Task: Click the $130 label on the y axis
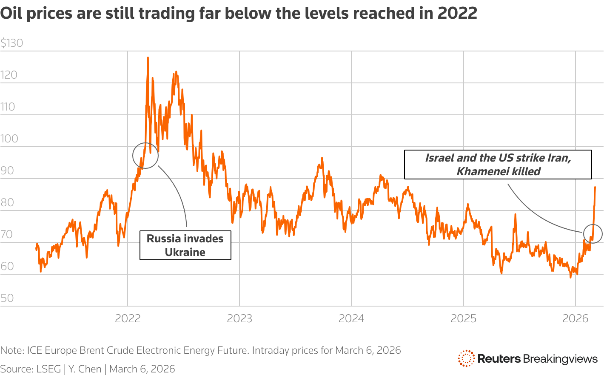[12, 43]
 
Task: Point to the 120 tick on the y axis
[9, 75]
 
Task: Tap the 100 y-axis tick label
[9, 139]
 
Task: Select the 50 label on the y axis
[7, 298]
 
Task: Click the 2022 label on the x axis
[128, 318]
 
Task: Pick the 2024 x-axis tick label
[351, 318]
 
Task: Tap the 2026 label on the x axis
[575, 318]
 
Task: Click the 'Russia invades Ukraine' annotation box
[185, 245]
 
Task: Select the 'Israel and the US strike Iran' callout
[498, 165]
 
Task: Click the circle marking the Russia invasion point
[145, 156]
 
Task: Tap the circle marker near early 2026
[593, 233]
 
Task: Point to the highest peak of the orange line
[148, 57]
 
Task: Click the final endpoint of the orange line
[595, 187]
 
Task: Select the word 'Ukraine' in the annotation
[185, 252]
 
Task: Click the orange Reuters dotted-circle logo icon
[466, 358]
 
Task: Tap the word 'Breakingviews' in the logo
[560, 359]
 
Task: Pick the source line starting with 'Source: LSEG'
[88, 369]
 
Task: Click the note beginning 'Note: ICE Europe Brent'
[200, 350]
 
